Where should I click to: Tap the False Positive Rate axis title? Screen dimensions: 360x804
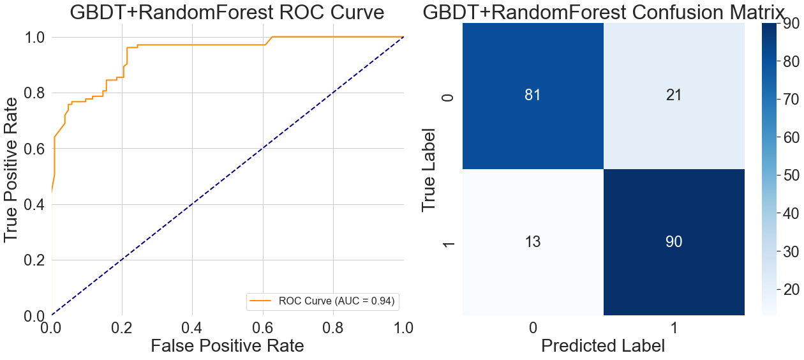coord(227,345)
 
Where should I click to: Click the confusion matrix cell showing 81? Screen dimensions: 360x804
coord(533,95)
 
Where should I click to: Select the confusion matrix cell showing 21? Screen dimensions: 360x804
coord(674,95)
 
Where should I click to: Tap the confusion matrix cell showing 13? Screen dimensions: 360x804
coord(533,242)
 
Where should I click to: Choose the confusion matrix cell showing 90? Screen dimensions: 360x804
coord(674,242)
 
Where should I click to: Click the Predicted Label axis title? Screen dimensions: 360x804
coord(603,345)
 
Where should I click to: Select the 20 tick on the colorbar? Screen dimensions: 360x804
coord(789,289)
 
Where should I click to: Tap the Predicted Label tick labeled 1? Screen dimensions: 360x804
coord(674,327)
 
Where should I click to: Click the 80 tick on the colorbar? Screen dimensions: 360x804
coord(789,62)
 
